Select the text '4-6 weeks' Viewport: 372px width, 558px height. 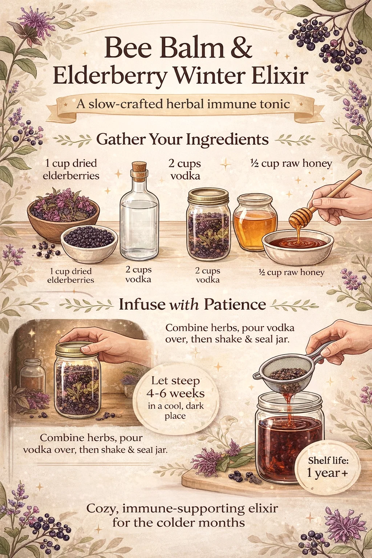(x=175, y=393)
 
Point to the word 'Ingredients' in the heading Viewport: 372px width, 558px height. (x=227, y=140)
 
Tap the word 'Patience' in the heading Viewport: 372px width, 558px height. (x=235, y=304)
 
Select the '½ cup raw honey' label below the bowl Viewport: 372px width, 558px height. (x=292, y=272)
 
